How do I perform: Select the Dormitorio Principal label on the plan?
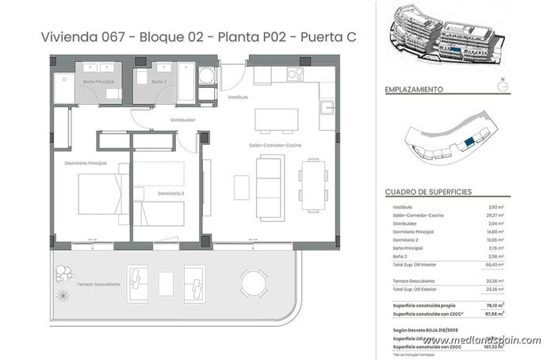tap(86, 163)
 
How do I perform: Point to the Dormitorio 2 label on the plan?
tap(170, 193)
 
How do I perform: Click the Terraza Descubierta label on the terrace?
tap(99, 283)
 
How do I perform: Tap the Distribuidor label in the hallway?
tap(182, 120)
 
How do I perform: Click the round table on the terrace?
tap(255, 281)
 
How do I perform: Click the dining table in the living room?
tap(313, 182)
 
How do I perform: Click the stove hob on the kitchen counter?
tap(296, 75)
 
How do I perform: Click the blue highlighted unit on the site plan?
tap(469, 141)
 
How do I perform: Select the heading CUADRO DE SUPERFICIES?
tap(428, 192)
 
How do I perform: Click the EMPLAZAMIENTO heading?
tap(413, 90)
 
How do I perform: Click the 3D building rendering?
tap(447, 37)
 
